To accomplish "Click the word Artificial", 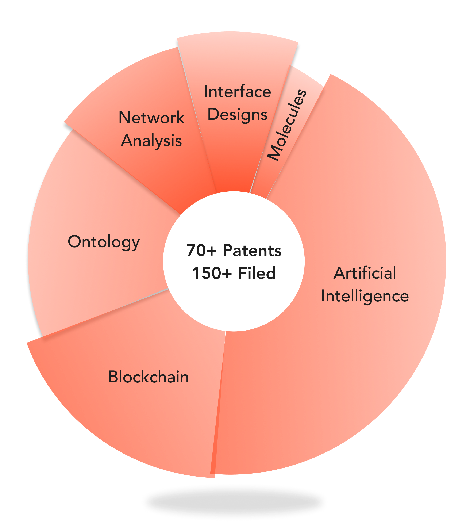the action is (x=365, y=273).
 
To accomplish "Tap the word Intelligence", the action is (x=365, y=296).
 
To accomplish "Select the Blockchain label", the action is (x=148, y=377).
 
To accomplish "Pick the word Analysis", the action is (x=151, y=141).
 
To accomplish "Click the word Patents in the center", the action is (x=252, y=251).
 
